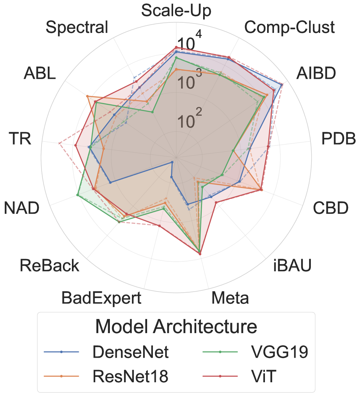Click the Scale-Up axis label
tap(176, 10)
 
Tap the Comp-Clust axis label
tap(289, 27)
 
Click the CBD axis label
tap(331, 208)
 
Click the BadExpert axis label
tap(101, 298)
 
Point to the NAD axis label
tap(22, 208)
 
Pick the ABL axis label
tap(40, 73)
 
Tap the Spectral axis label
tap(77, 27)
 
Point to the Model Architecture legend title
tap(176, 327)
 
